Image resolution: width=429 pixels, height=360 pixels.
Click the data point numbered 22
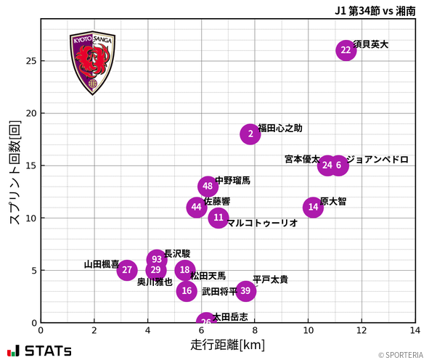[x=346, y=50]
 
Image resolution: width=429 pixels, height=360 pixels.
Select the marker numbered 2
[x=250, y=134]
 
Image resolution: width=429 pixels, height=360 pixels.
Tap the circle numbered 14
[x=313, y=208]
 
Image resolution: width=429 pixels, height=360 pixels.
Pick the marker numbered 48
[x=208, y=187]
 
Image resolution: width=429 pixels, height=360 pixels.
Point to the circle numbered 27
[x=127, y=270]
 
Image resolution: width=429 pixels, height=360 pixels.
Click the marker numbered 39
[x=245, y=291]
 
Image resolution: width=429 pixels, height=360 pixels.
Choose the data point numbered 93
[x=157, y=260]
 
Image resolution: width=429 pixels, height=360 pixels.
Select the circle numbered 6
[x=338, y=165]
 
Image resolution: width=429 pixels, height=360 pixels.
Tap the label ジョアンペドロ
[x=377, y=160]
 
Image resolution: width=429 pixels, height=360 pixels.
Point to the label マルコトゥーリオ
[x=262, y=224]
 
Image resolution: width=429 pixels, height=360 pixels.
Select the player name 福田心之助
[x=280, y=128]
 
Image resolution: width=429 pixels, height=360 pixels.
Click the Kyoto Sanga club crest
[x=92, y=63]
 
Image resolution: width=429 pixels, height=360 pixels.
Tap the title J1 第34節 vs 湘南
[x=375, y=11]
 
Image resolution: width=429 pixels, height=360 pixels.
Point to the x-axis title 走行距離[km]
[x=228, y=344]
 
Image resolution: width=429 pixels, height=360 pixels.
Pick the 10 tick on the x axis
[x=309, y=331]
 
